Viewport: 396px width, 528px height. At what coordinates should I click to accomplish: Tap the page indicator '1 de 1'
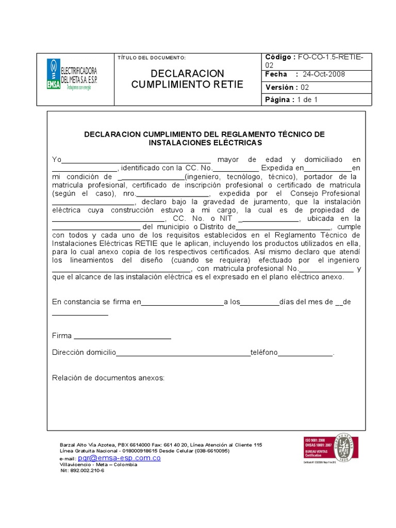coord(307,100)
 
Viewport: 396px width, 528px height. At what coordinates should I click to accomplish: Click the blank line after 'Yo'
coord(136,160)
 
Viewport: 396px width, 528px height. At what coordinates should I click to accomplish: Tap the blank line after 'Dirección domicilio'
coord(183,353)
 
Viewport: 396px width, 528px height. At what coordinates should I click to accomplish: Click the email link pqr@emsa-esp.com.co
coord(119,458)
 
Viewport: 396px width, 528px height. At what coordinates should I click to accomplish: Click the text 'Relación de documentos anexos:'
coord(108,378)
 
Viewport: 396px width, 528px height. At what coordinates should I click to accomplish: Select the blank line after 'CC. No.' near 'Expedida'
coord(236,169)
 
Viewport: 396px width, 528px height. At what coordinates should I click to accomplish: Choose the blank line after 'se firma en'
coord(182,303)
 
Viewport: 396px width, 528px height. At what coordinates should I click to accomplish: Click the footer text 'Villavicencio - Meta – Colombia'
coord(98,465)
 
